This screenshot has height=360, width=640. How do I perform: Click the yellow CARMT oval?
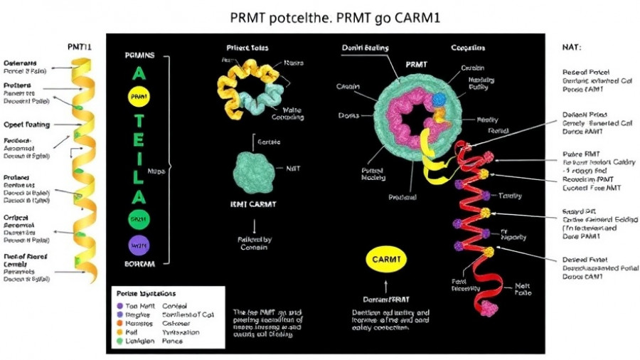[x=388, y=260]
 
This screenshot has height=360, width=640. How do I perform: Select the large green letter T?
[x=139, y=121]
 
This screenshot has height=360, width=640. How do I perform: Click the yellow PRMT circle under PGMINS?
[x=139, y=95]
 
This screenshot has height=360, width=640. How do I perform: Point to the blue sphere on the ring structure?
[x=438, y=99]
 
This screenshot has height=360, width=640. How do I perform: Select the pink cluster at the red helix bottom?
[x=489, y=308]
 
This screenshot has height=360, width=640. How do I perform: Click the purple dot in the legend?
[x=119, y=305]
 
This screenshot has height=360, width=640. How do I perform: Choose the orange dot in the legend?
[x=119, y=323]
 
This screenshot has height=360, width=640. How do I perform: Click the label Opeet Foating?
[x=27, y=123]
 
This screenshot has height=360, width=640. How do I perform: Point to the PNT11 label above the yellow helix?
[x=79, y=47]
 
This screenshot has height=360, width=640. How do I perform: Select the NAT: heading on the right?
[x=572, y=47]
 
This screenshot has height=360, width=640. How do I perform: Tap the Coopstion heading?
[x=468, y=48]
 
